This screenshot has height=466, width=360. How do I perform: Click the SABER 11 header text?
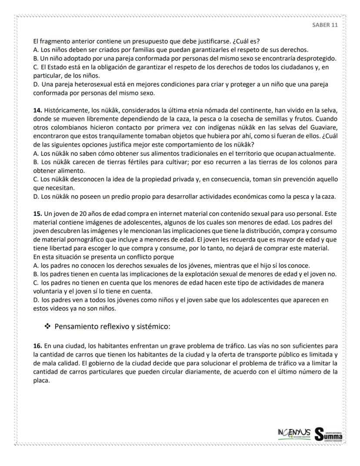click(x=325, y=25)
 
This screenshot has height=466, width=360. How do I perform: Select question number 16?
click(x=38, y=346)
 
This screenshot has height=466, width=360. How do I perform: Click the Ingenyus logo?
click(x=293, y=433)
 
